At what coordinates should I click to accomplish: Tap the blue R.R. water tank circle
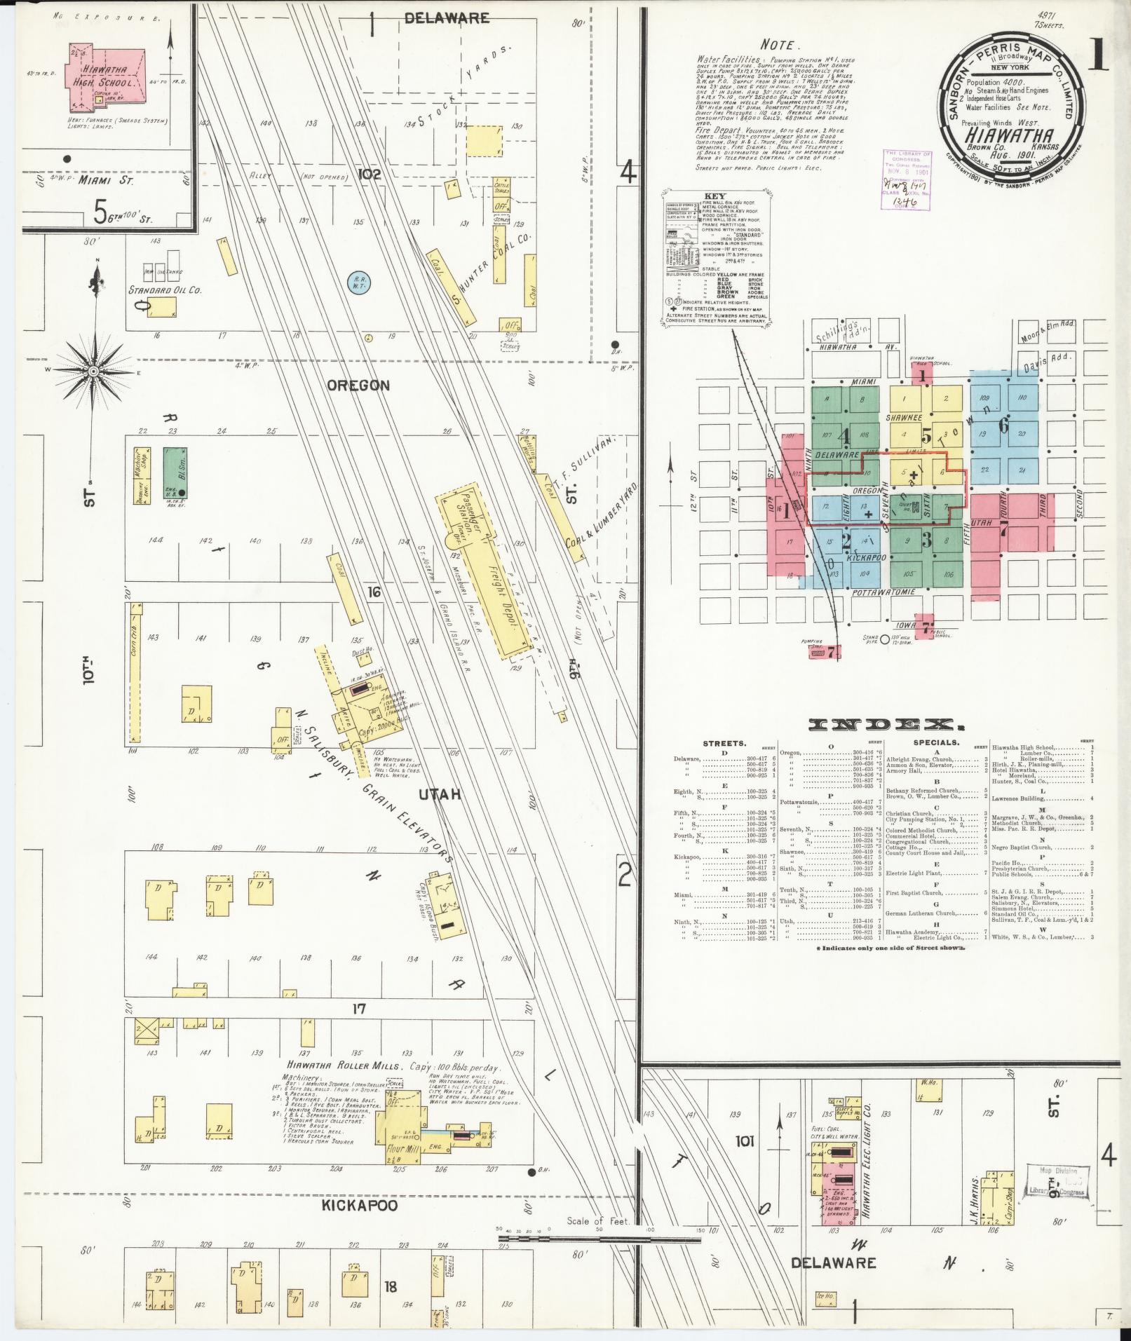point(360,283)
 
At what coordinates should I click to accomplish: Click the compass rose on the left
point(93,369)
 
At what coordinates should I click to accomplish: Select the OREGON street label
point(358,386)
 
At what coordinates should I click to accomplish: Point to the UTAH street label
point(440,794)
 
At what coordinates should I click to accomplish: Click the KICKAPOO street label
point(360,1205)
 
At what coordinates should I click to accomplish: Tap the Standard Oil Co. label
point(165,290)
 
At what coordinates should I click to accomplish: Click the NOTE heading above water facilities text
point(778,44)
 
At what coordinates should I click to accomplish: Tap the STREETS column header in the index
point(724,743)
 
